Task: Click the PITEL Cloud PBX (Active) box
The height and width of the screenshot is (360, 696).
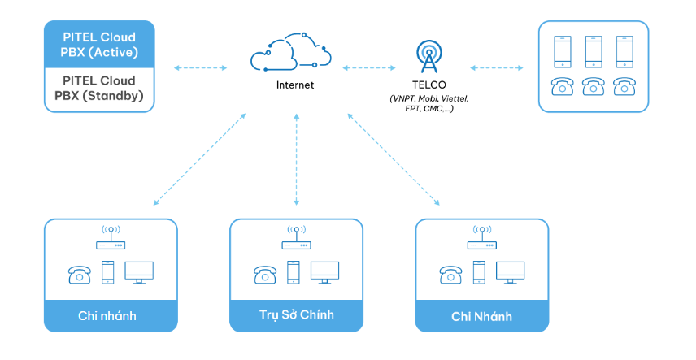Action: click(x=99, y=45)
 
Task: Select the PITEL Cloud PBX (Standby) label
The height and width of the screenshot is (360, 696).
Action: click(x=99, y=88)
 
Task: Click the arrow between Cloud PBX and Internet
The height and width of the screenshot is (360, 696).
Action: click(x=201, y=67)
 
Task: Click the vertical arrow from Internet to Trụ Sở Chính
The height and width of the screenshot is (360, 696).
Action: click(x=296, y=158)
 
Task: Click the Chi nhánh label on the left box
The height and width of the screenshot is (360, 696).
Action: click(x=110, y=315)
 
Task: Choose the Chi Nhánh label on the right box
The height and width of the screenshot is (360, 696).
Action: click(x=482, y=315)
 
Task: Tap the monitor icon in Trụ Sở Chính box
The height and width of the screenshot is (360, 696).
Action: click(x=325, y=271)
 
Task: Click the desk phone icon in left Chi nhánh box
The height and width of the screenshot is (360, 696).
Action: click(x=80, y=273)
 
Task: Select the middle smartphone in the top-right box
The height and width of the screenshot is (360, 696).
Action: click(x=594, y=51)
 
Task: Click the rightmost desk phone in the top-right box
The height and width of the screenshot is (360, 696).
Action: click(x=624, y=86)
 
